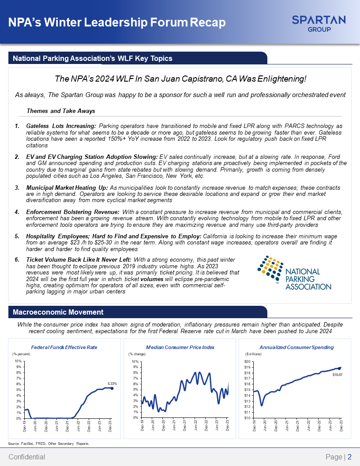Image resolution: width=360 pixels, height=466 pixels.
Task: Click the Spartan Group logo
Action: tap(319, 23)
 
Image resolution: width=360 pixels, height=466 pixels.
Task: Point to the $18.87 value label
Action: tap(337, 374)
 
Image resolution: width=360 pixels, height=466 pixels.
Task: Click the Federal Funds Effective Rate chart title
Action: tap(64, 347)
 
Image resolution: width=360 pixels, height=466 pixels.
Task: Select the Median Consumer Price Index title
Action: tap(180, 347)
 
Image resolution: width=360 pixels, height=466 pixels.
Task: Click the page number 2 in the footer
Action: tap(349, 457)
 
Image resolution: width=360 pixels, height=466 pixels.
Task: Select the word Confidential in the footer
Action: tap(27, 457)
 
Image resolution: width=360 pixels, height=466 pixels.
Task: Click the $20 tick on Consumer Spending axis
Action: tap(248, 361)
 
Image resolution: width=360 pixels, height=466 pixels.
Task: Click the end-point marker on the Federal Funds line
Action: tap(112, 388)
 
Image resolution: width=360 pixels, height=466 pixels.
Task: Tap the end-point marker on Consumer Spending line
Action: tap(340, 368)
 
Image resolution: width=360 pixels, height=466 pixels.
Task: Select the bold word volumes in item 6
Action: tap(152, 279)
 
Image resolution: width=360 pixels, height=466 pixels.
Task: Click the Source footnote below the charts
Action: tap(49, 443)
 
